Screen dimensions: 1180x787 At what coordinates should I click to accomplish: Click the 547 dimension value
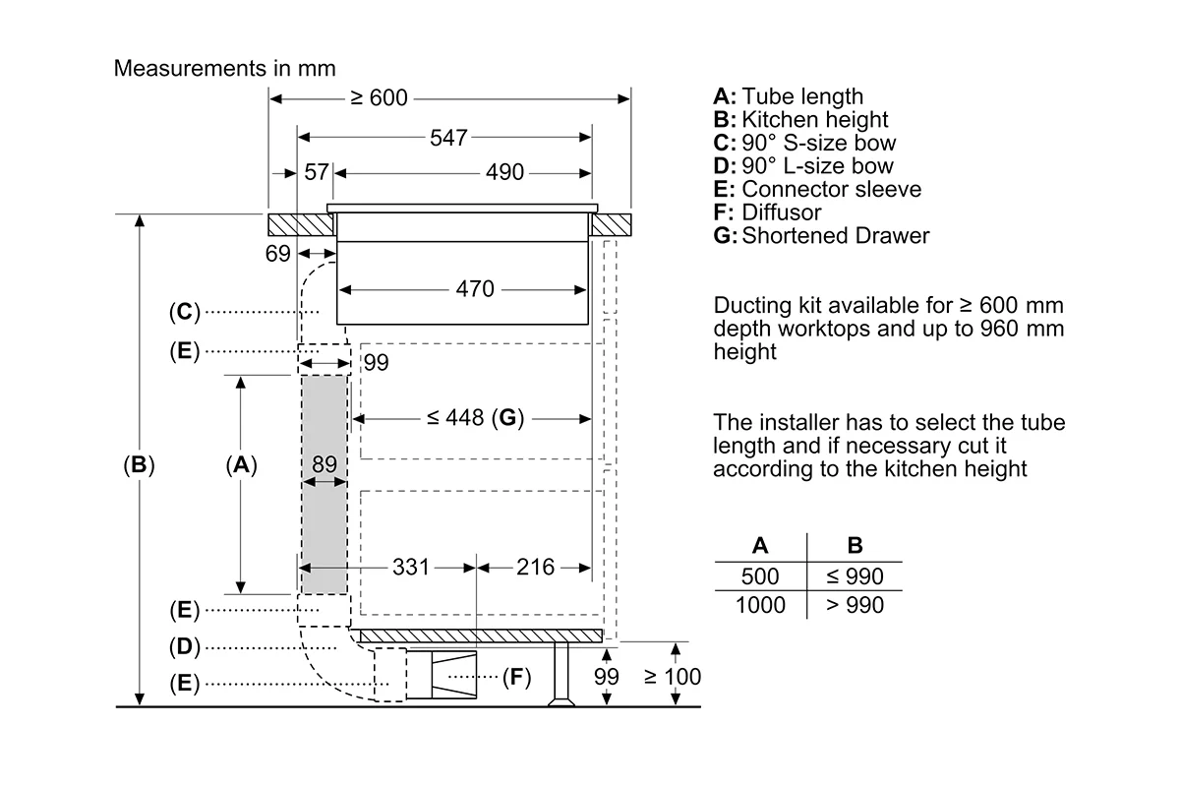pos(448,138)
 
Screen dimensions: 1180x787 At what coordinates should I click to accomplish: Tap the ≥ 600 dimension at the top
pos(380,98)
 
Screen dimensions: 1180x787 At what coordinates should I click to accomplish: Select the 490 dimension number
pos(504,172)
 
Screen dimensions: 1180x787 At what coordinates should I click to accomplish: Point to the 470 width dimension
pos(475,289)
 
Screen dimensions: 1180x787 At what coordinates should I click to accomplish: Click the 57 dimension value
pos(317,172)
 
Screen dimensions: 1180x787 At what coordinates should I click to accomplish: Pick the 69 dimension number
pos(277,254)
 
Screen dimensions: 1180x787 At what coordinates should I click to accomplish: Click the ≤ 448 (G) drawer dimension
pos(476,418)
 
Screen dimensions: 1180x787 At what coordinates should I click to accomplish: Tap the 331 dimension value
pos(411,568)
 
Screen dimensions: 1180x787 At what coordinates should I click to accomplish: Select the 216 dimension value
pos(535,568)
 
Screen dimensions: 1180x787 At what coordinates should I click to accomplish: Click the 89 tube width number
pos(324,464)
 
